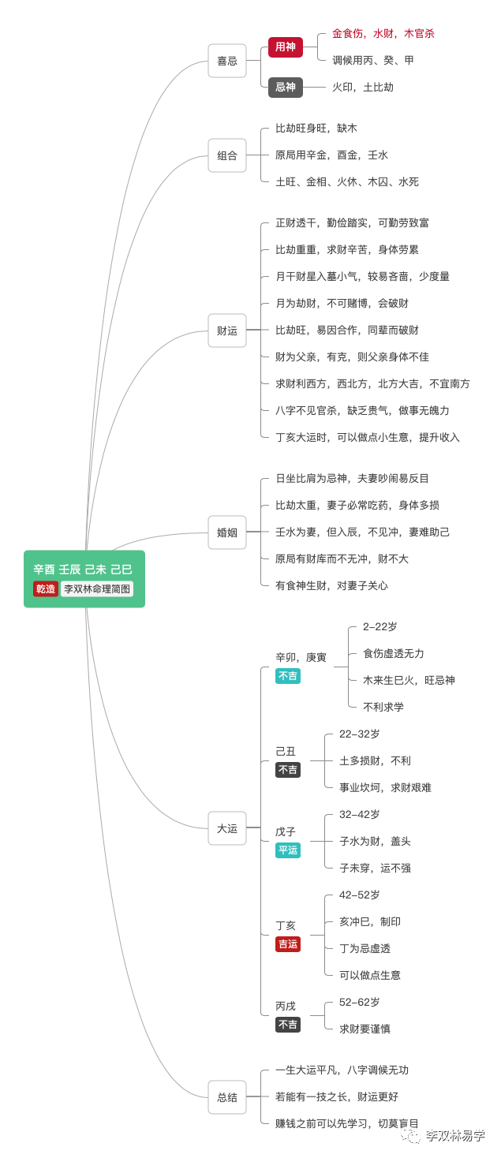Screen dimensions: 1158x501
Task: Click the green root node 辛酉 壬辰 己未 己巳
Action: click(84, 570)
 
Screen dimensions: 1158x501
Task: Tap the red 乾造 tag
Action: click(46, 588)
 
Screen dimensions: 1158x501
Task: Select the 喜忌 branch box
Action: click(227, 61)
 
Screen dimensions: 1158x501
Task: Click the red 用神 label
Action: click(285, 47)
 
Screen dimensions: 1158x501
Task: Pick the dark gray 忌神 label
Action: click(285, 87)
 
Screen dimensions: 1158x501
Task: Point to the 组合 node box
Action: click(227, 155)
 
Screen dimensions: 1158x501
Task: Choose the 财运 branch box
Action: click(227, 331)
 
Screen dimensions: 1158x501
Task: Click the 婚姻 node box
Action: click(227, 532)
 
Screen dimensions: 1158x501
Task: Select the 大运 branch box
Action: click(227, 828)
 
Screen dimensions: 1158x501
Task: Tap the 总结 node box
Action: click(227, 1097)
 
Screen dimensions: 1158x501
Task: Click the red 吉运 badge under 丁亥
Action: click(288, 944)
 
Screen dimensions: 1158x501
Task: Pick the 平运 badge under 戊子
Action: click(288, 850)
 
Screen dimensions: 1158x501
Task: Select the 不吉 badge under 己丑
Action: click(288, 770)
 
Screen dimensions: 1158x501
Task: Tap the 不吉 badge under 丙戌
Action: click(288, 1025)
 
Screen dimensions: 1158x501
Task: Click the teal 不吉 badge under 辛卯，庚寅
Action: click(288, 676)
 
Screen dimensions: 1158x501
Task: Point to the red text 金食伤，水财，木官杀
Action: click(383, 34)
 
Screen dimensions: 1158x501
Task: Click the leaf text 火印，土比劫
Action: click(362, 88)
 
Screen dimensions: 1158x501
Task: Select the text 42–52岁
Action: click(360, 895)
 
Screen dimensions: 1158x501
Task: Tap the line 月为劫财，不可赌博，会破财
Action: click(342, 304)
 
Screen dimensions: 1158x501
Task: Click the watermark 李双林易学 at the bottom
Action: click(454, 1136)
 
